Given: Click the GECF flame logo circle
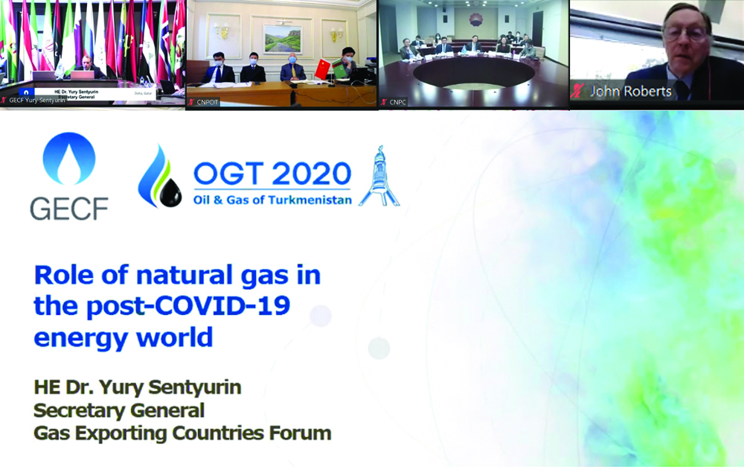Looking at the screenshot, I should point(69,159).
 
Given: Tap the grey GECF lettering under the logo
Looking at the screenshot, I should point(69,208).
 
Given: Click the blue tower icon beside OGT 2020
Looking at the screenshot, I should point(379,177).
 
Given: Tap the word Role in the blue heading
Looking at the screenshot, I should point(68,276).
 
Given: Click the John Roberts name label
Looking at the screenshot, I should point(631,92).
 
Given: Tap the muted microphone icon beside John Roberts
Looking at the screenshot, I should point(578,91).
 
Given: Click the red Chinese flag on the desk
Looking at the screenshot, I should point(322,69).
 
